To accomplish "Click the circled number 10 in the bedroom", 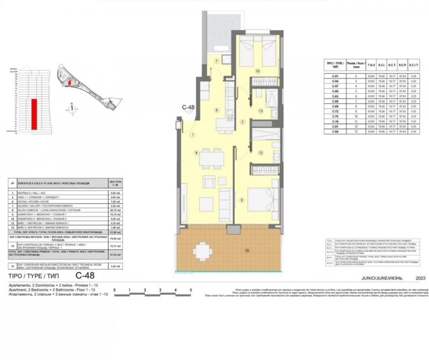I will click(x=258, y=71).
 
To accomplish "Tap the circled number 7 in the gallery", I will click(x=217, y=62).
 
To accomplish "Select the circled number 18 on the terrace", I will click(x=247, y=251).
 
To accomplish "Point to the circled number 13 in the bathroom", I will click(x=260, y=111).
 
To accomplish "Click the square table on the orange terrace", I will click(x=202, y=251).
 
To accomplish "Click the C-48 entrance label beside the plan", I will click(x=188, y=107).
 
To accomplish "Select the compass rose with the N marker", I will click(x=71, y=109).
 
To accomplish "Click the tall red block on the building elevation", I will click(x=34, y=114).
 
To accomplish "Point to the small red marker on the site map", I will click(x=69, y=82).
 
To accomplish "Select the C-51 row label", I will click(x=335, y=76).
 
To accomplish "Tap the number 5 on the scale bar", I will click(x=191, y=290).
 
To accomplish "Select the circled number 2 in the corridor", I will click(x=242, y=122).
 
